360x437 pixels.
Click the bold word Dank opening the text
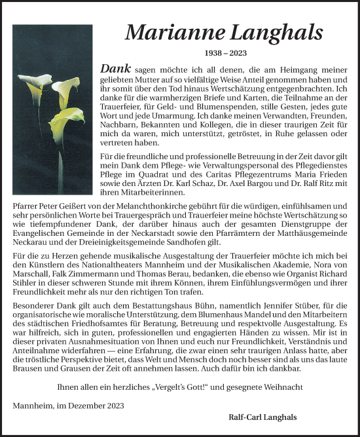point(117,68)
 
